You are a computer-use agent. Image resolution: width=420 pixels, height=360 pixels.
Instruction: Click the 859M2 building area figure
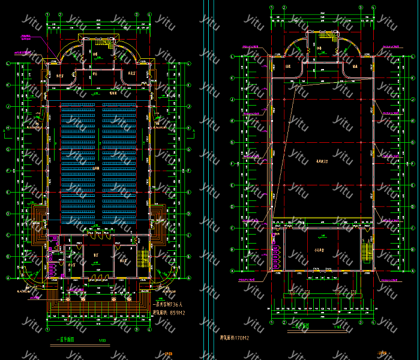pos(178,313)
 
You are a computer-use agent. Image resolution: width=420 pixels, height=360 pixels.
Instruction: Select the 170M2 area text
pos(236,340)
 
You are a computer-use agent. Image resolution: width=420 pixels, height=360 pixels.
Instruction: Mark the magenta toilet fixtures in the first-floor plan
pos(52,260)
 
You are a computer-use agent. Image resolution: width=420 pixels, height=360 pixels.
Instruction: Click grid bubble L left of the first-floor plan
pos(7,63)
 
